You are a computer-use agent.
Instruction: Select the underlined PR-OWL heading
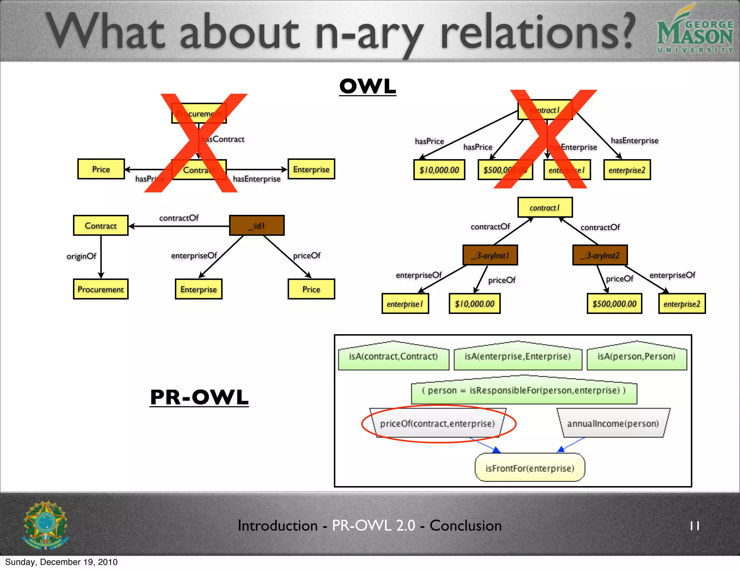[x=199, y=397]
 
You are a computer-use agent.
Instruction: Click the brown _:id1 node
[x=257, y=226]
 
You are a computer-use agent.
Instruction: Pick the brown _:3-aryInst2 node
[x=600, y=255]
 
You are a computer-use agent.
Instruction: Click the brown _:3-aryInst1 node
[x=490, y=255]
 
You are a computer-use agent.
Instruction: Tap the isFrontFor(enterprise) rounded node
[x=530, y=468]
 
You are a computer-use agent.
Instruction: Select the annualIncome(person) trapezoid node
[x=613, y=424]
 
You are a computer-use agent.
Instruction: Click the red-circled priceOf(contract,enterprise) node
[x=437, y=424]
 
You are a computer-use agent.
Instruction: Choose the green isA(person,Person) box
[x=636, y=357]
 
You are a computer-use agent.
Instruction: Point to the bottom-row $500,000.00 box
[x=614, y=304]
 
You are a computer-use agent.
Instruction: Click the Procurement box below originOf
[x=100, y=289]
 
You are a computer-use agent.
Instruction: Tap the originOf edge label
[x=81, y=256]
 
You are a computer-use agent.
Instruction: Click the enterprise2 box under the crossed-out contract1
[x=627, y=170]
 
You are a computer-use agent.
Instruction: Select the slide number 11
[x=694, y=526]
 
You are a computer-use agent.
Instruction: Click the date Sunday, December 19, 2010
[x=61, y=562]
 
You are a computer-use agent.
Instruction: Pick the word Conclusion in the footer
[x=465, y=526]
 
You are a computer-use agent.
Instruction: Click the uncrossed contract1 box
[x=545, y=208]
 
